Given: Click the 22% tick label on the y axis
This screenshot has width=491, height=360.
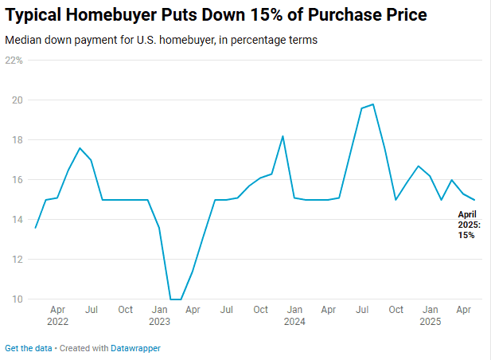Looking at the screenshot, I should pos(15,61).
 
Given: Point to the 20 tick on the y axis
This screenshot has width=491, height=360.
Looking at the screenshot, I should pos(17,100).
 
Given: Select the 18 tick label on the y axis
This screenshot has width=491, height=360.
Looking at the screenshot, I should pos(17,140).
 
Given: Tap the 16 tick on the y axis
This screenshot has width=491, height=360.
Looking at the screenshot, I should pos(17,180).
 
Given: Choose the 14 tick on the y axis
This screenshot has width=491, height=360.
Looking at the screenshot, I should pos(17,220).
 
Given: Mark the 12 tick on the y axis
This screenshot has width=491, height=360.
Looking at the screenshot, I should pos(17,260).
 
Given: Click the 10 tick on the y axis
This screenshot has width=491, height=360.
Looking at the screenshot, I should pos(17,299).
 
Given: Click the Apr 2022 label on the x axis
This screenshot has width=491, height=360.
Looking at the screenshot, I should pos(57,315).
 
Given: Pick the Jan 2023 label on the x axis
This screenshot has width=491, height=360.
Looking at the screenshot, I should pos(159,315).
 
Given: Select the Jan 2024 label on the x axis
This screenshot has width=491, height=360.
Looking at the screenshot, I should pos(294,315).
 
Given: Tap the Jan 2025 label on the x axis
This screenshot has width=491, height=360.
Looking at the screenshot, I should pos(430,315).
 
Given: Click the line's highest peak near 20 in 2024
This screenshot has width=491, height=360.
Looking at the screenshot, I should pos(372,104).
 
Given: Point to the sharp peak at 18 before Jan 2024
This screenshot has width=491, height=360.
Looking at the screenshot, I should pos(283,136).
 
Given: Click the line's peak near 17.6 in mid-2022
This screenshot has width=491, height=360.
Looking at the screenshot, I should pos(80,148).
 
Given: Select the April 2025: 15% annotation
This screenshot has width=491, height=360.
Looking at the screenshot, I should pos(467,225).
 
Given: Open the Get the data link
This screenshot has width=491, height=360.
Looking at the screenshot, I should pos(29,349).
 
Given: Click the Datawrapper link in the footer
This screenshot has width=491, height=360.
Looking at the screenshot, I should pos(135,349).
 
